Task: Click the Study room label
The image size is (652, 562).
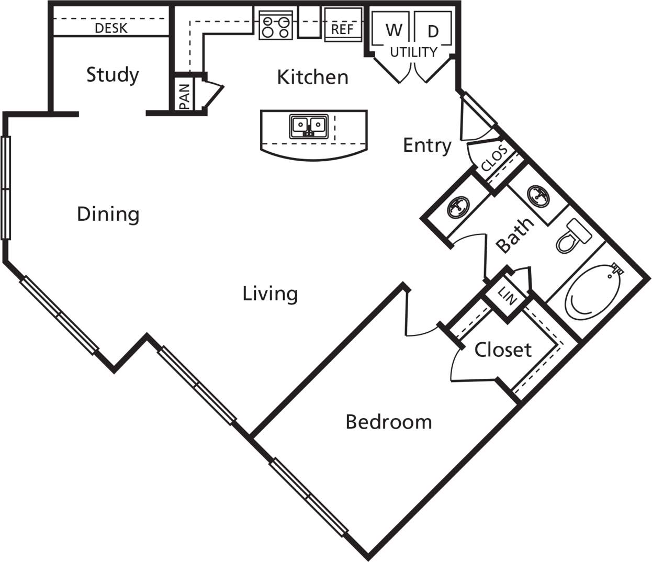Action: [x=113, y=75]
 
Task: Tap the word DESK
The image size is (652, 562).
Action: [x=111, y=28]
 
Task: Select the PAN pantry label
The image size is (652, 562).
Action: [x=184, y=97]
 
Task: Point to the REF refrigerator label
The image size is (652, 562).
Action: [x=342, y=29]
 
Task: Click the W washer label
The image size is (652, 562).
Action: [x=394, y=30]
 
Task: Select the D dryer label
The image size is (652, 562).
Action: [x=433, y=32]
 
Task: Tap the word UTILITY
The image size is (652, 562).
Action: [x=413, y=52]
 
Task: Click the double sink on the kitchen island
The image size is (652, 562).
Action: [x=309, y=126]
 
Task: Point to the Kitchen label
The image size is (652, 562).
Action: [x=312, y=77]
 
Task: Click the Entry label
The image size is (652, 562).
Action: [x=427, y=145]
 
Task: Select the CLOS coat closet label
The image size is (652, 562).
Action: [x=494, y=158]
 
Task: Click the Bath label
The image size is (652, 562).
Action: [x=515, y=235]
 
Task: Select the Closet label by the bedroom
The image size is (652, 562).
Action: [x=502, y=350]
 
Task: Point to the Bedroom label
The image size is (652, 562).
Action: [x=389, y=422]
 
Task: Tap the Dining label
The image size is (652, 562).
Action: [x=108, y=214]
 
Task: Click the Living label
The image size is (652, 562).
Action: [x=270, y=294]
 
